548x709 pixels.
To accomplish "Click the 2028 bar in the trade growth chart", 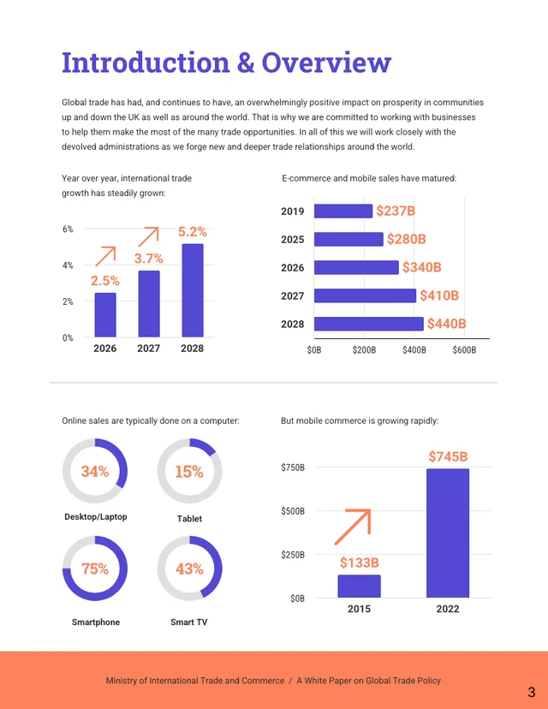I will point(193,290).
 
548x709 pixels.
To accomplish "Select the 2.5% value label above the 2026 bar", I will point(104,280).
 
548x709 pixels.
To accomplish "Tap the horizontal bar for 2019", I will point(343,212).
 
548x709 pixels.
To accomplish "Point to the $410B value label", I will point(439,295).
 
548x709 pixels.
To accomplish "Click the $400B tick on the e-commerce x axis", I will point(414,350).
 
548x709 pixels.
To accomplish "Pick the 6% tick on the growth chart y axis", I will point(68,229).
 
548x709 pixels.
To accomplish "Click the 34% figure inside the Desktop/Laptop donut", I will point(94,471).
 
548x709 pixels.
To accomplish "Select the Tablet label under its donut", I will point(188,519).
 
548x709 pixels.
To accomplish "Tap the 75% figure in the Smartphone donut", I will point(94,569).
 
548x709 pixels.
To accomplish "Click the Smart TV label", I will point(188,622).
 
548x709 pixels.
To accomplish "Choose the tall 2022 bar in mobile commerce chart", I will point(448,533).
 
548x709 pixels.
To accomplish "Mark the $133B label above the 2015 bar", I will point(359,563).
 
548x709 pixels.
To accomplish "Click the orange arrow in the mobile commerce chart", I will point(352,527).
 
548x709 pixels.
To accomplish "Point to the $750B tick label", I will point(293,468).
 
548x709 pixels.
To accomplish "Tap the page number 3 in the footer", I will point(531,692).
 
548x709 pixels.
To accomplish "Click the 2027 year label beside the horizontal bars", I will point(293,295).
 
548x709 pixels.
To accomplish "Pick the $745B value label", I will point(448,456).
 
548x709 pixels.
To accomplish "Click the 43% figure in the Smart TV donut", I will point(188,569).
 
